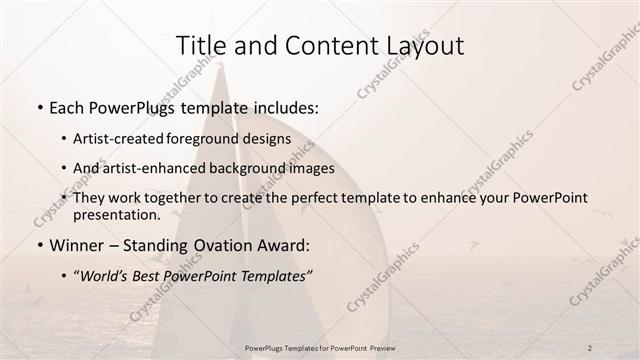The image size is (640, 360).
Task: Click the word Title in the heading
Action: pyautogui.click(x=198, y=46)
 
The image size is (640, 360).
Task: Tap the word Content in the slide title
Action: pyautogui.click(x=313, y=46)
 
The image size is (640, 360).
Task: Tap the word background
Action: pyautogui.click(x=250, y=168)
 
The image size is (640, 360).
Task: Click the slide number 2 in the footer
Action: pyautogui.click(x=589, y=347)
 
